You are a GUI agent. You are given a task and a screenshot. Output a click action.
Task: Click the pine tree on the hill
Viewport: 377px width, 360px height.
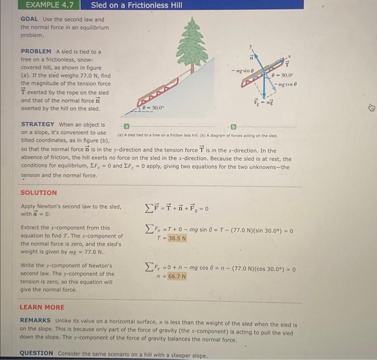(x=192, y=45)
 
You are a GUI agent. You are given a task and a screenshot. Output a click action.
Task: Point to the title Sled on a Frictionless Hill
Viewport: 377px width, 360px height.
(x=136, y=5)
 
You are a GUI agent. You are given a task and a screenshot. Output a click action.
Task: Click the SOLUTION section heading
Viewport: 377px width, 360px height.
(x=38, y=192)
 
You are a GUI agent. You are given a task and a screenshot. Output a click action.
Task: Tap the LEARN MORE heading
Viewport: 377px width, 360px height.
(x=42, y=307)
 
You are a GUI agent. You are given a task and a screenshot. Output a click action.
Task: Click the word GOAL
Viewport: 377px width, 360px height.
(x=29, y=19)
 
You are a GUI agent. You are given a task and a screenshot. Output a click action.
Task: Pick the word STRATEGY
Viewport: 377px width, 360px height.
(x=38, y=124)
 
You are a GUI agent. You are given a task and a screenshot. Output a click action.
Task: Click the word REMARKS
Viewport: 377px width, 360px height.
(x=36, y=320)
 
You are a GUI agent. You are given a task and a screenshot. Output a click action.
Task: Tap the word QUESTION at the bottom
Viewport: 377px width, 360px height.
(x=37, y=353)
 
